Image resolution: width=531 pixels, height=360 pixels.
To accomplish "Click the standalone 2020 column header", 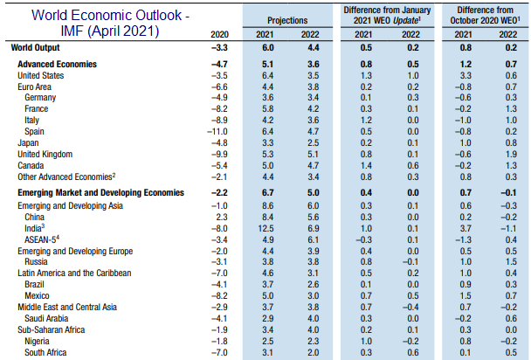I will [x=218, y=35].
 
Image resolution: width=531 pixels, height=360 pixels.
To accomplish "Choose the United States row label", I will [x=43, y=77].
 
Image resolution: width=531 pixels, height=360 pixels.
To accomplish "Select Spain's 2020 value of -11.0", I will [x=216, y=131].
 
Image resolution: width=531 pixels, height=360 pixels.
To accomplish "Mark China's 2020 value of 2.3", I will [x=220, y=217].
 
